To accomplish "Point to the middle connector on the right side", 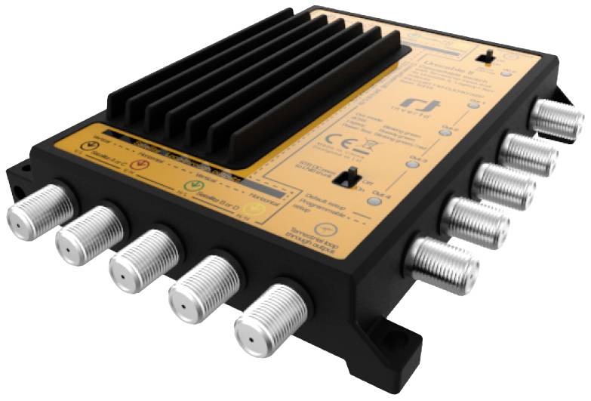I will pos(503,185).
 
